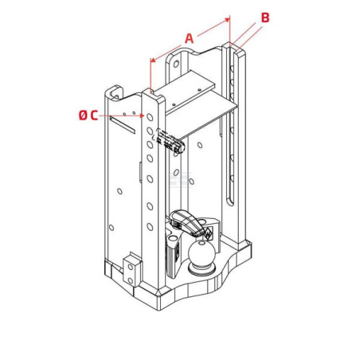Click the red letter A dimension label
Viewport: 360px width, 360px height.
point(189,39)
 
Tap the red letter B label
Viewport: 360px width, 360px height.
point(265,18)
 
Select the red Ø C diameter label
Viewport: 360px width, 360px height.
point(88,115)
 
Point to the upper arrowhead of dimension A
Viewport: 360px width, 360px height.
point(227,20)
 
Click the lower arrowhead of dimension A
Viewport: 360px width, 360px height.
point(153,60)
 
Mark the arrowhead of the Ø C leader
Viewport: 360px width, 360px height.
point(143,115)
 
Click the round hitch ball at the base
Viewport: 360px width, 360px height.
point(202,253)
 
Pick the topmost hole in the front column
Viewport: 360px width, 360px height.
point(150,117)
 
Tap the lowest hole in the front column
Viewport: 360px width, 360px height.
point(150,227)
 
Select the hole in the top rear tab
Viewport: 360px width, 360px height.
point(176,64)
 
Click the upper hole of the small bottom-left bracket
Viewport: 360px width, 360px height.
point(131,267)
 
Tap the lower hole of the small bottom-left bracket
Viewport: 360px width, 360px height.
point(131,280)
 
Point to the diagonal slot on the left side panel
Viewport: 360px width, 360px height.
point(123,125)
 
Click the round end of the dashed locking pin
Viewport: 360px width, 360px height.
point(181,147)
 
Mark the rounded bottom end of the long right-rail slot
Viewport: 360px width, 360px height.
point(230,202)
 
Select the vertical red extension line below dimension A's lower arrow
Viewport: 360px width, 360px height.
point(151,76)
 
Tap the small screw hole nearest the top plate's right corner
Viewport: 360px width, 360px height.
point(199,90)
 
